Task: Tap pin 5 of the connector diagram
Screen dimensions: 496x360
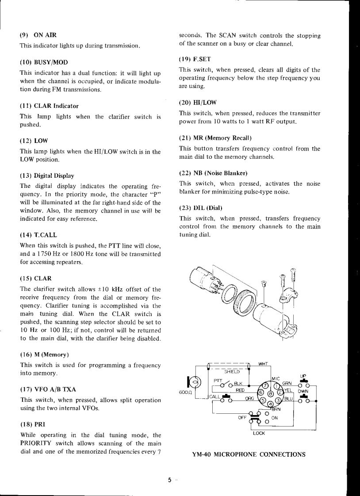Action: click(x=263, y=401)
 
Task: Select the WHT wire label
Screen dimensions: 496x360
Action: click(x=263, y=364)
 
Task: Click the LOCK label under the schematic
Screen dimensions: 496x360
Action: click(x=259, y=434)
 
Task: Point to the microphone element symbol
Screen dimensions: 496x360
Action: click(x=195, y=383)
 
